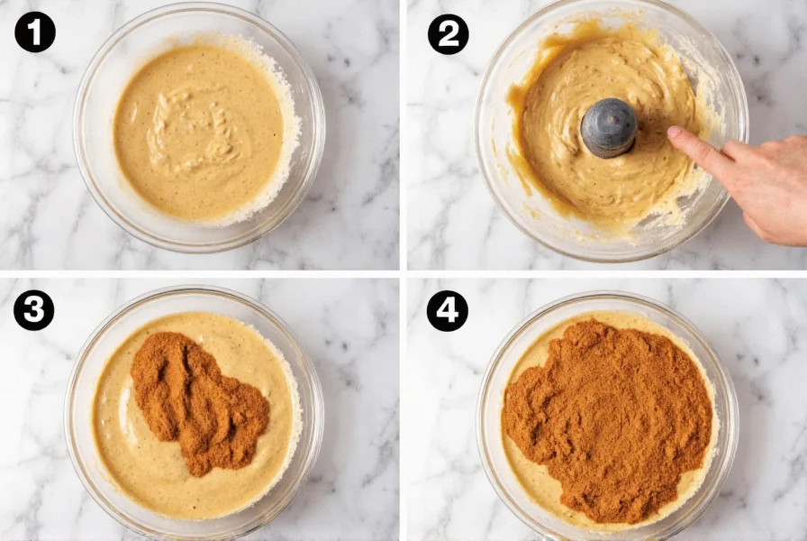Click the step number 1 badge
[35, 33]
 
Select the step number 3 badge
[33, 310]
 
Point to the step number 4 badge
[448, 310]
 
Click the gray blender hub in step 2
[609, 127]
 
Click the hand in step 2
[757, 185]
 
